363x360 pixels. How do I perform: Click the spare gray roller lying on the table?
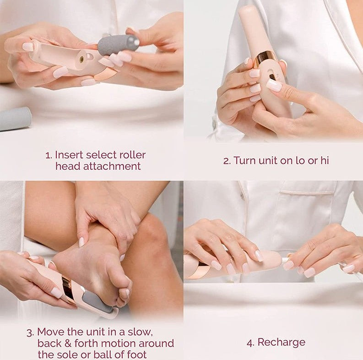coord(15,119)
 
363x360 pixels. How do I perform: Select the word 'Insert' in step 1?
coord(70,155)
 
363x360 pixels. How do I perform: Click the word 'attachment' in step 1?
coord(116,166)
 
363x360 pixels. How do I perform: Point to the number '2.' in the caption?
coord(227,160)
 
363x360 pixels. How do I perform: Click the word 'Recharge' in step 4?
coord(281,342)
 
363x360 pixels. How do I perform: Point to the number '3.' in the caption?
coord(30,332)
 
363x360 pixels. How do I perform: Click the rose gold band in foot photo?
coord(67,289)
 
